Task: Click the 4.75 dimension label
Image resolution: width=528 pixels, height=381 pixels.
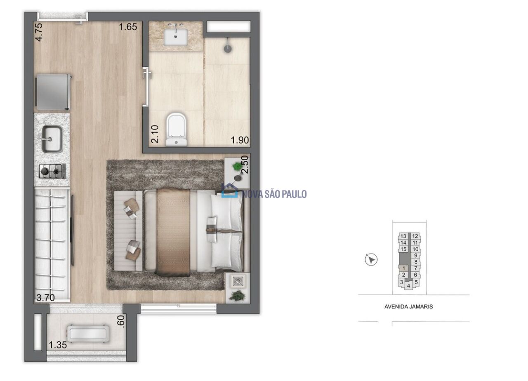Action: [x=39, y=32]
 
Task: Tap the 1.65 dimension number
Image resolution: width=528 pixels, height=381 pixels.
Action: [x=128, y=27]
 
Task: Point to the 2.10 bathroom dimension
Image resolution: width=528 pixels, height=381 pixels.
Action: [x=155, y=134]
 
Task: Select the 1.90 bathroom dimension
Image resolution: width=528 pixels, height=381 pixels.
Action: [x=240, y=140]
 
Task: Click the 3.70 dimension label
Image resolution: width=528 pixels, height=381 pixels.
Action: [x=45, y=298]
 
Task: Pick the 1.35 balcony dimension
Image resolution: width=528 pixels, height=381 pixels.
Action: [x=58, y=345]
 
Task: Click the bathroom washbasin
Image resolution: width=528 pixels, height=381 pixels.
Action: [x=176, y=37]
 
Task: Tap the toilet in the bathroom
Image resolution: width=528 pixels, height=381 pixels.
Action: [x=176, y=129]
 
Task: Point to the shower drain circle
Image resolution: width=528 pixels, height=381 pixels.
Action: [x=227, y=49]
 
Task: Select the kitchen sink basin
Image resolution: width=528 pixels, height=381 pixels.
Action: [x=52, y=139]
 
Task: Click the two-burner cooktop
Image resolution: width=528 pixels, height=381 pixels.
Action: [x=52, y=171]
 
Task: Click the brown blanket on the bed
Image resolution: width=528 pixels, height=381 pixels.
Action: [x=173, y=232]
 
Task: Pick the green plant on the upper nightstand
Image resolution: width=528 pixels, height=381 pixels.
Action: [x=237, y=167]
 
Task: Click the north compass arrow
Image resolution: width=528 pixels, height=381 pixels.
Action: [x=371, y=260]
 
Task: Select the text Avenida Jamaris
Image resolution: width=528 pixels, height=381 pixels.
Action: [x=408, y=307]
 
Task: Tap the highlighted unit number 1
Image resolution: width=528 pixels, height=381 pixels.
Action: [x=403, y=268]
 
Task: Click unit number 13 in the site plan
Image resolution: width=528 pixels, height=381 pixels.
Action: [x=403, y=236]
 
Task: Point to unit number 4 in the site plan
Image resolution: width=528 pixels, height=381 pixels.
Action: [x=408, y=286]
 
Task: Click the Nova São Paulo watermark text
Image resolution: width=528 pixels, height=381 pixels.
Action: [x=275, y=194]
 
